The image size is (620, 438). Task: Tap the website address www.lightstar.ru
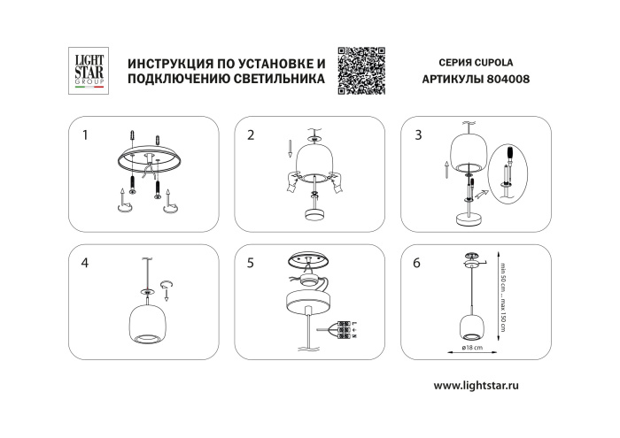(x=489, y=387)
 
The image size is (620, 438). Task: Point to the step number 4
(x=85, y=263)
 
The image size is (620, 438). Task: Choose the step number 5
(x=252, y=263)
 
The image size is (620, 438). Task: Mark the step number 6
(x=418, y=263)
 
